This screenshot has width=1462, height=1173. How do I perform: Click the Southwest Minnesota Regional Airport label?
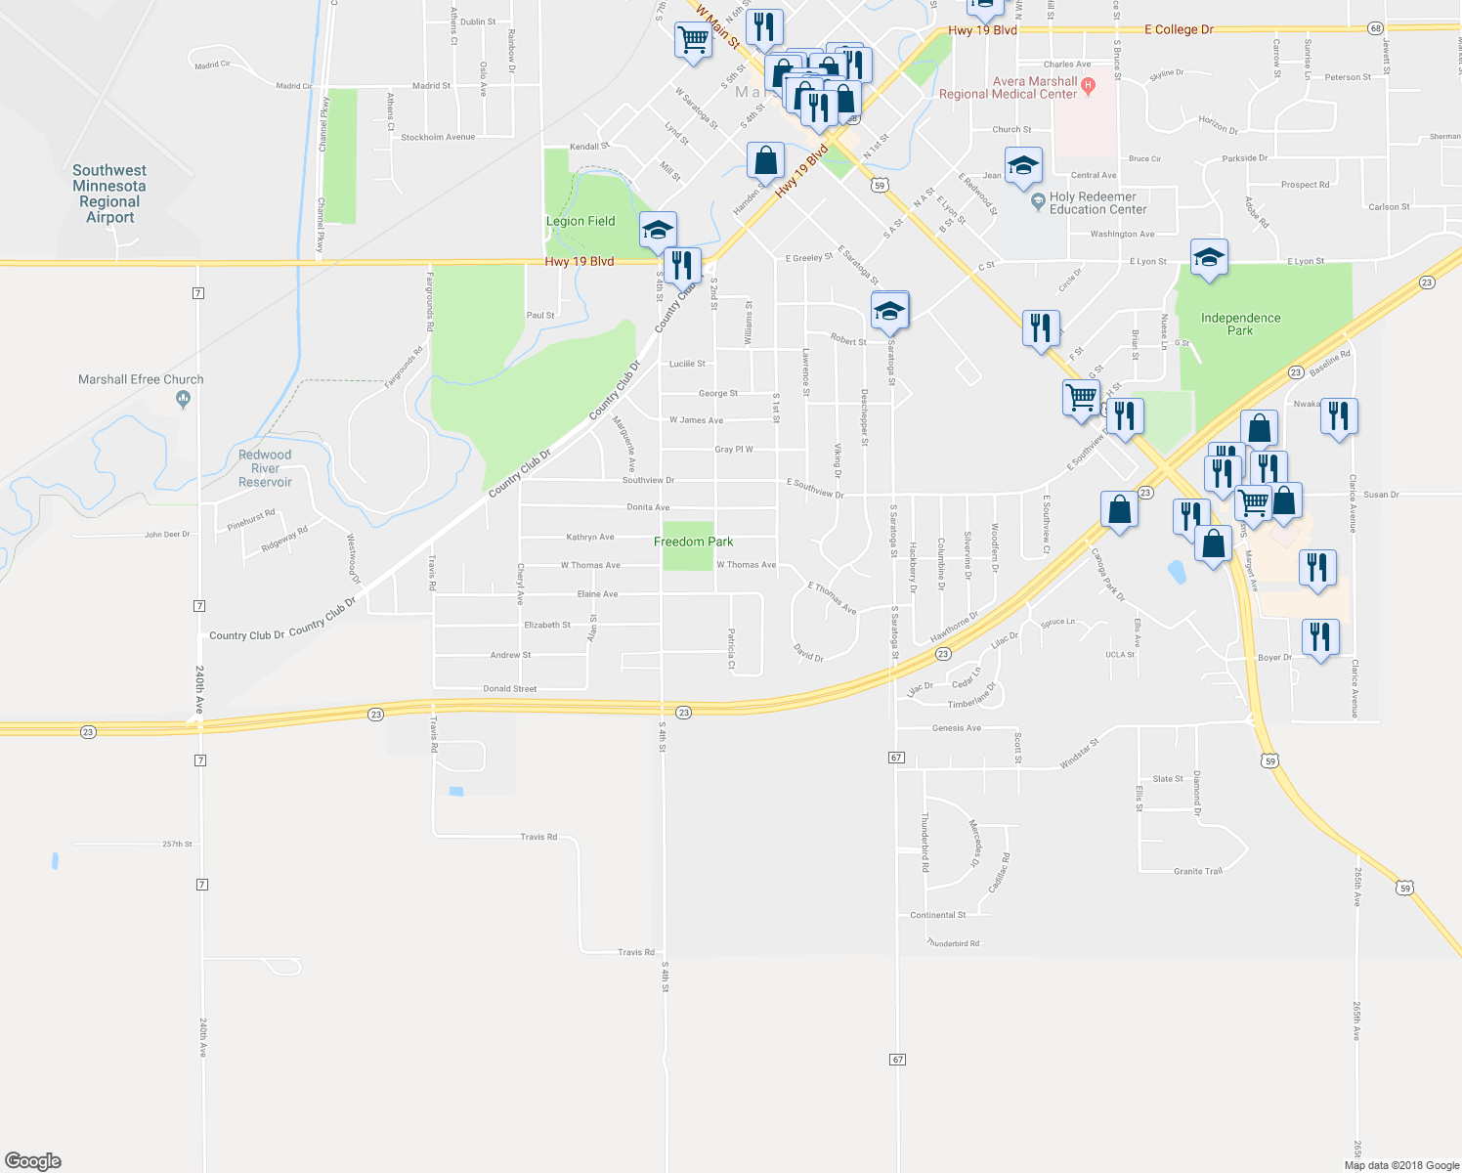tap(109, 194)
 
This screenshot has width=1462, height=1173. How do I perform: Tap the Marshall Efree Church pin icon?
tap(183, 399)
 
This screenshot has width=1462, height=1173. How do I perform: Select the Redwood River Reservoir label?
tap(265, 468)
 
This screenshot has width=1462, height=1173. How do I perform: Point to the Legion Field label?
tap(580, 221)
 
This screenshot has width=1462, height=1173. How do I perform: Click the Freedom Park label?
tap(693, 542)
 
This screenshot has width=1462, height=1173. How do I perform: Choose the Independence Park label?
tap(1240, 324)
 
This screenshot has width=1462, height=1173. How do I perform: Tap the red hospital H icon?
tap(1090, 87)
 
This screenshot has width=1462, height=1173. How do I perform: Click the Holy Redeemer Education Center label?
tap(1097, 203)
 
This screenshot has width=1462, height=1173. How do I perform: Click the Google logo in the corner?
tap(33, 1161)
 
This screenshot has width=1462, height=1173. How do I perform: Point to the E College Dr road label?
tap(1183, 29)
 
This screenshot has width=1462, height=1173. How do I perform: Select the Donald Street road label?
tap(510, 689)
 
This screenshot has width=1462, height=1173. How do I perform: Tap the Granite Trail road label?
tap(1198, 871)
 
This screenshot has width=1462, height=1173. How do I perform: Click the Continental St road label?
tap(937, 915)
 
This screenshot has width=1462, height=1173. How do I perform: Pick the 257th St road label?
tap(178, 844)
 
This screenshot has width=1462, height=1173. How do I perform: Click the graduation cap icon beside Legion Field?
tap(658, 230)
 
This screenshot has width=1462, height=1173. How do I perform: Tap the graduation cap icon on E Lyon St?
tap(1209, 257)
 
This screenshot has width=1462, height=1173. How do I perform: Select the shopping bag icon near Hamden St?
tap(766, 159)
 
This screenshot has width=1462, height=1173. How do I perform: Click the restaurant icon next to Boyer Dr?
tap(1320, 637)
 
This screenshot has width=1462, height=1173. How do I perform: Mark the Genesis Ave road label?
tap(956, 728)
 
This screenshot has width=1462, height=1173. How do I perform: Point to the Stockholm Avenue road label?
tap(438, 138)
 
